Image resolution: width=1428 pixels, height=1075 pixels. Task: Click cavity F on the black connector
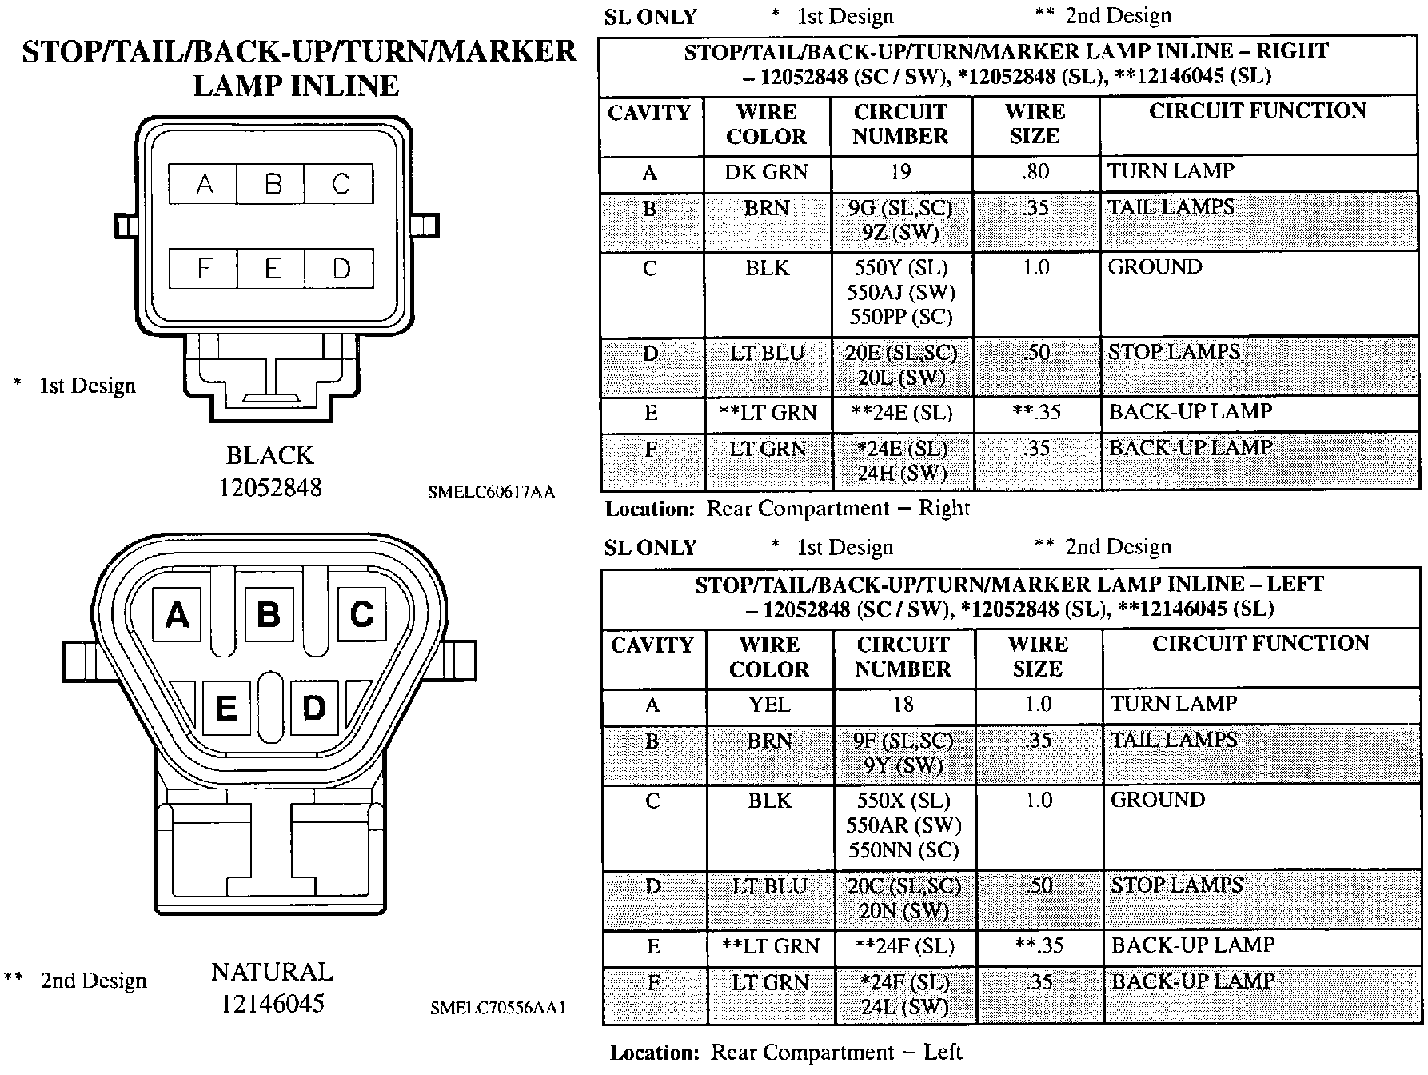203,268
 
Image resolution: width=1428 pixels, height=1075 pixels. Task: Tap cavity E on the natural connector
226,708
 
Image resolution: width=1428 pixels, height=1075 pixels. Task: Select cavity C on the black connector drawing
340,184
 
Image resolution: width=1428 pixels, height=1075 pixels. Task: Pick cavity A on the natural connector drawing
177,615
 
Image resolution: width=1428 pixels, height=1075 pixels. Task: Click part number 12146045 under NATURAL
272,1003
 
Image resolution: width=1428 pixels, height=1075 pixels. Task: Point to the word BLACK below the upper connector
269,455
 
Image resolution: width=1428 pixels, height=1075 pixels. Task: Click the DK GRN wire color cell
766,172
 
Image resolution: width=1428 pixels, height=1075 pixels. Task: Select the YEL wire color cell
769,705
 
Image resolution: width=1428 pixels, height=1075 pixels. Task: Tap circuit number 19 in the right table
900,172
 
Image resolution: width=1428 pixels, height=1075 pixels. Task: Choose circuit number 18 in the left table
903,705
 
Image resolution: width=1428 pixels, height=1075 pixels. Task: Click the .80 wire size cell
1035,172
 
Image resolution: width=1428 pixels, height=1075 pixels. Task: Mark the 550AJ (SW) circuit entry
900,293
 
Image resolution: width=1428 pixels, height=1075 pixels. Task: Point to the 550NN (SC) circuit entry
903,850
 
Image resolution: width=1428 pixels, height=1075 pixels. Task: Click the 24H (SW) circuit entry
901,474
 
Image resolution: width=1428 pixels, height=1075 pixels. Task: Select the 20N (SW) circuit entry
903,911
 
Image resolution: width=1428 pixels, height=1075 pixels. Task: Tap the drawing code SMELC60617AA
491,493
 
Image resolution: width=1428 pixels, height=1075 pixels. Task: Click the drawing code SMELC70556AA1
497,1009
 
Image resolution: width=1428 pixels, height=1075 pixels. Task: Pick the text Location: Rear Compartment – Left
785,1053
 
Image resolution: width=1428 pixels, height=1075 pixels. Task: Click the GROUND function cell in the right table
1155,267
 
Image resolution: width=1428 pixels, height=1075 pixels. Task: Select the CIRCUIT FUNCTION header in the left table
1260,644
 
